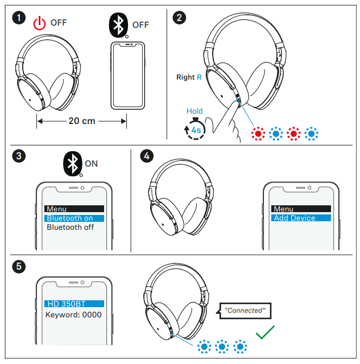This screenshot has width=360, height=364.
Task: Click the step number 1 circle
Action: tap(19, 19)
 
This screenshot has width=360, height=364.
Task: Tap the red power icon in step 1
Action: tap(39, 24)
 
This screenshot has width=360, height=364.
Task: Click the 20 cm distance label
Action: tap(82, 121)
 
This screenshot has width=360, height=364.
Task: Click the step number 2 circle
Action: tap(180, 19)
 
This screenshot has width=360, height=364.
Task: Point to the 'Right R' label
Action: tap(189, 77)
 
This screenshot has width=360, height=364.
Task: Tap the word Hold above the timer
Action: tap(195, 111)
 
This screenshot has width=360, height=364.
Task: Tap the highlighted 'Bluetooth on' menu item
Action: tap(74, 218)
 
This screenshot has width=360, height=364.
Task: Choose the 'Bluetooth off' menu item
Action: tap(70, 227)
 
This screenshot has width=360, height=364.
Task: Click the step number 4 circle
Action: tap(146, 155)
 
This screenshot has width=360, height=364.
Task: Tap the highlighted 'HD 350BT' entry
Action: tap(74, 304)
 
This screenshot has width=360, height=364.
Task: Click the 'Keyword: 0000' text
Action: tap(73, 315)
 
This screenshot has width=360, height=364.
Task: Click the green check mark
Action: tap(267, 332)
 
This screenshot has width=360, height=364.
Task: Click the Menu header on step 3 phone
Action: tap(74, 209)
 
